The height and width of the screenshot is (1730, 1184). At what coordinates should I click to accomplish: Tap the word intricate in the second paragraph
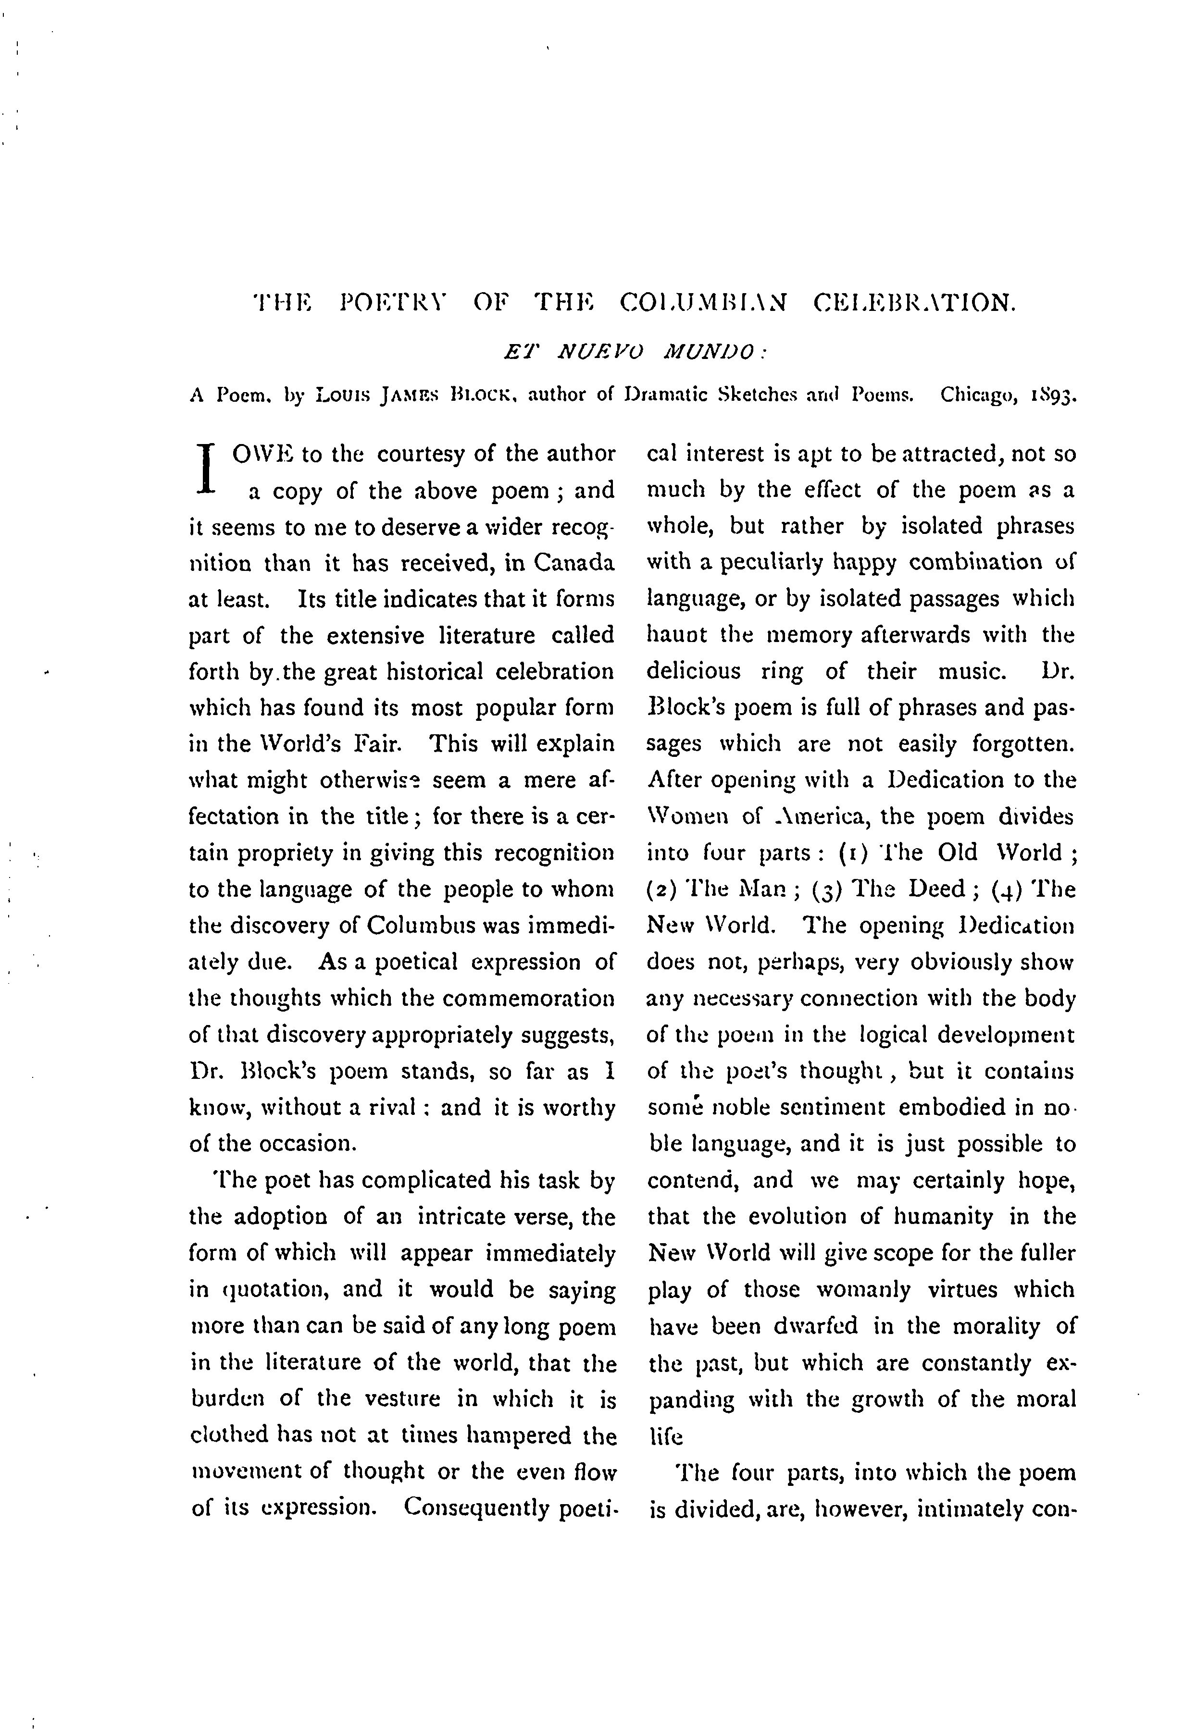(x=461, y=1217)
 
